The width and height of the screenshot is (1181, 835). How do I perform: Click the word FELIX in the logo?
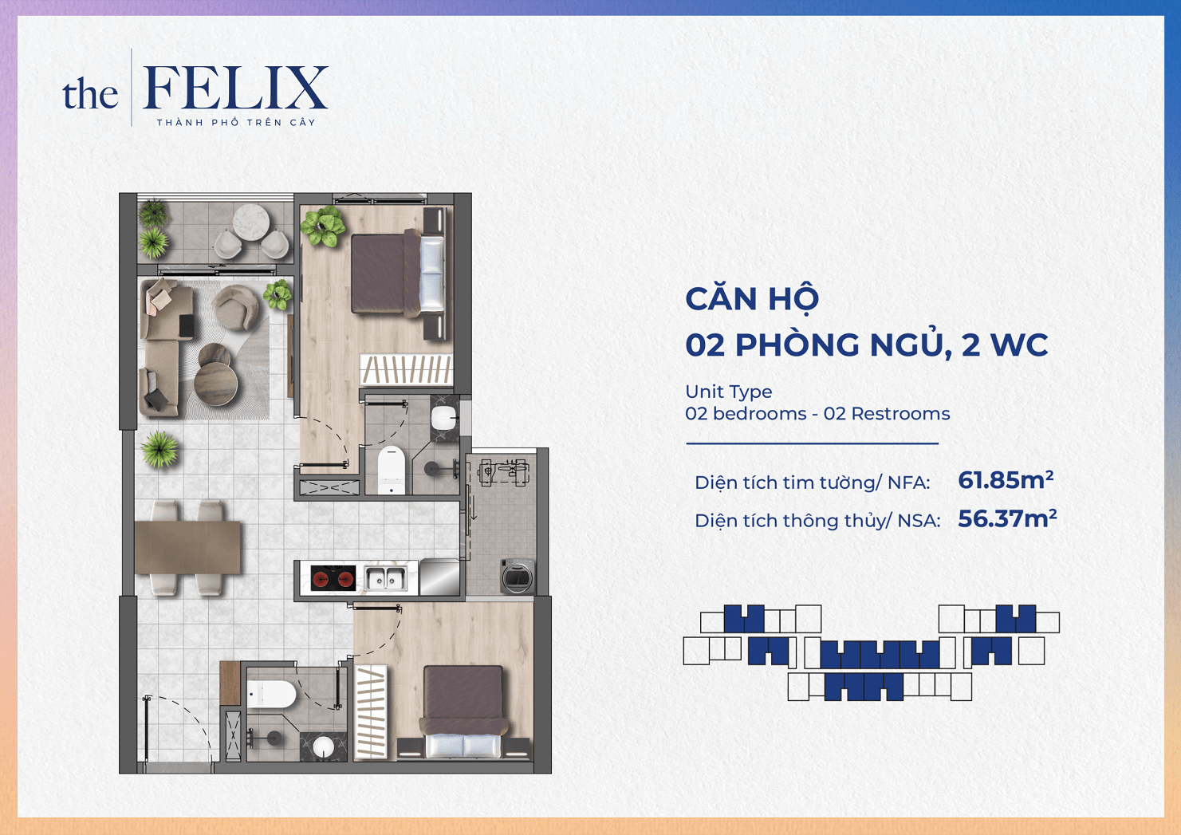point(236,88)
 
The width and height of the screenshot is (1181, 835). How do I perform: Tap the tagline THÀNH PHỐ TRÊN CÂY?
point(236,122)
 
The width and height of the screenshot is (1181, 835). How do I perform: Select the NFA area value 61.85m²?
point(1006,480)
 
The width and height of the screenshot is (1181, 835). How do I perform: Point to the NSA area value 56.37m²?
point(1007,518)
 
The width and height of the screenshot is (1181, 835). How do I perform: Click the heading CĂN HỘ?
point(752,299)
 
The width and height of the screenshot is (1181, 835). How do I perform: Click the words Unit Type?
point(729,392)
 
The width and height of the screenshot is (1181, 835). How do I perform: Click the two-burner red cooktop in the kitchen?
point(333,577)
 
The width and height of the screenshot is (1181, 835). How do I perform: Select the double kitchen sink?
point(387,577)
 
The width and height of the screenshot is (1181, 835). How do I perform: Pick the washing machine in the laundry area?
point(518,576)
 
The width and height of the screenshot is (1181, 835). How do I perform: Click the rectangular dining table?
point(187,547)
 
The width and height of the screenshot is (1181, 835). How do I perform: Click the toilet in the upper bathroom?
point(392,471)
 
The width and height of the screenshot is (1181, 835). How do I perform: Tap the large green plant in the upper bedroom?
point(323,226)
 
